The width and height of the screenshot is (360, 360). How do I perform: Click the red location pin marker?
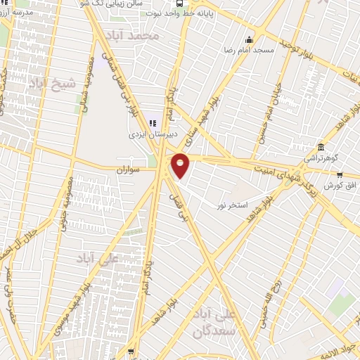click(181, 166)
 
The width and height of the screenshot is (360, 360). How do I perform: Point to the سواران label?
click(131, 169)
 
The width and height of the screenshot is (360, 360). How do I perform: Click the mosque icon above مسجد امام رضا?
click(248, 39)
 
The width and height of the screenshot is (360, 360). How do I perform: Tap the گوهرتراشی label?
click(321, 158)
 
